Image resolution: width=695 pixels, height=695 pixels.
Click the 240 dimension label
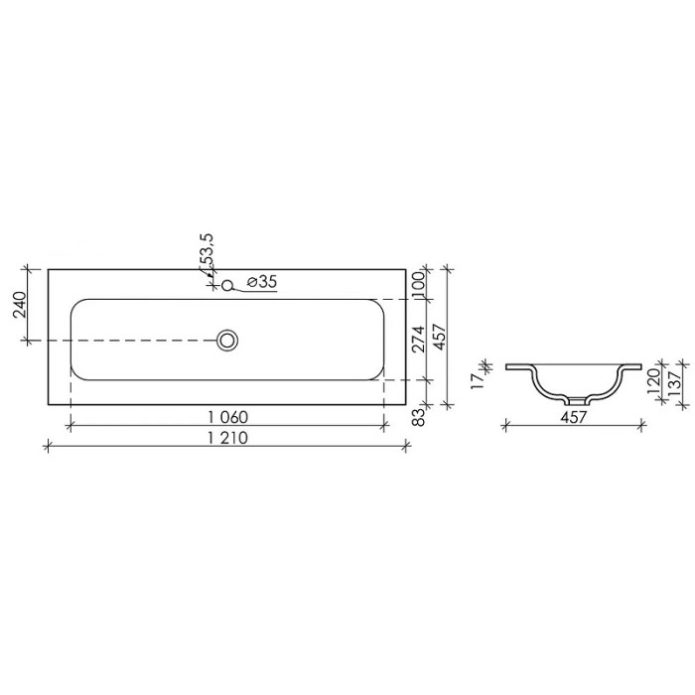[18, 304]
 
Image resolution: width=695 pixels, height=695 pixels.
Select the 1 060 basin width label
[226, 416]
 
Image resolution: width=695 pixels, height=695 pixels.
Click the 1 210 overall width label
[226, 438]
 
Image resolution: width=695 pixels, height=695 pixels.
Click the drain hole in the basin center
[228, 341]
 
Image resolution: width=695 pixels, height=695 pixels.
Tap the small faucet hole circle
[227, 286]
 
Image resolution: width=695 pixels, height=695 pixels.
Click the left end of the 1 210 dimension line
[48, 448]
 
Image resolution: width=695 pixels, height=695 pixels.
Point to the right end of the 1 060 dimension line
[385, 426]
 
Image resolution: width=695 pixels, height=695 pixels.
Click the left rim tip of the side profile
[506, 366]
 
